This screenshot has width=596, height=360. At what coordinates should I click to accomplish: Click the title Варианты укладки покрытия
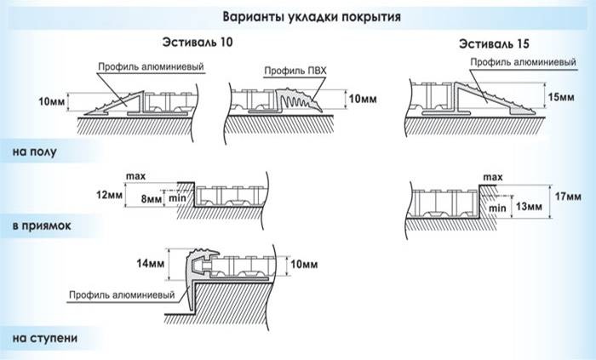pos(301,16)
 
